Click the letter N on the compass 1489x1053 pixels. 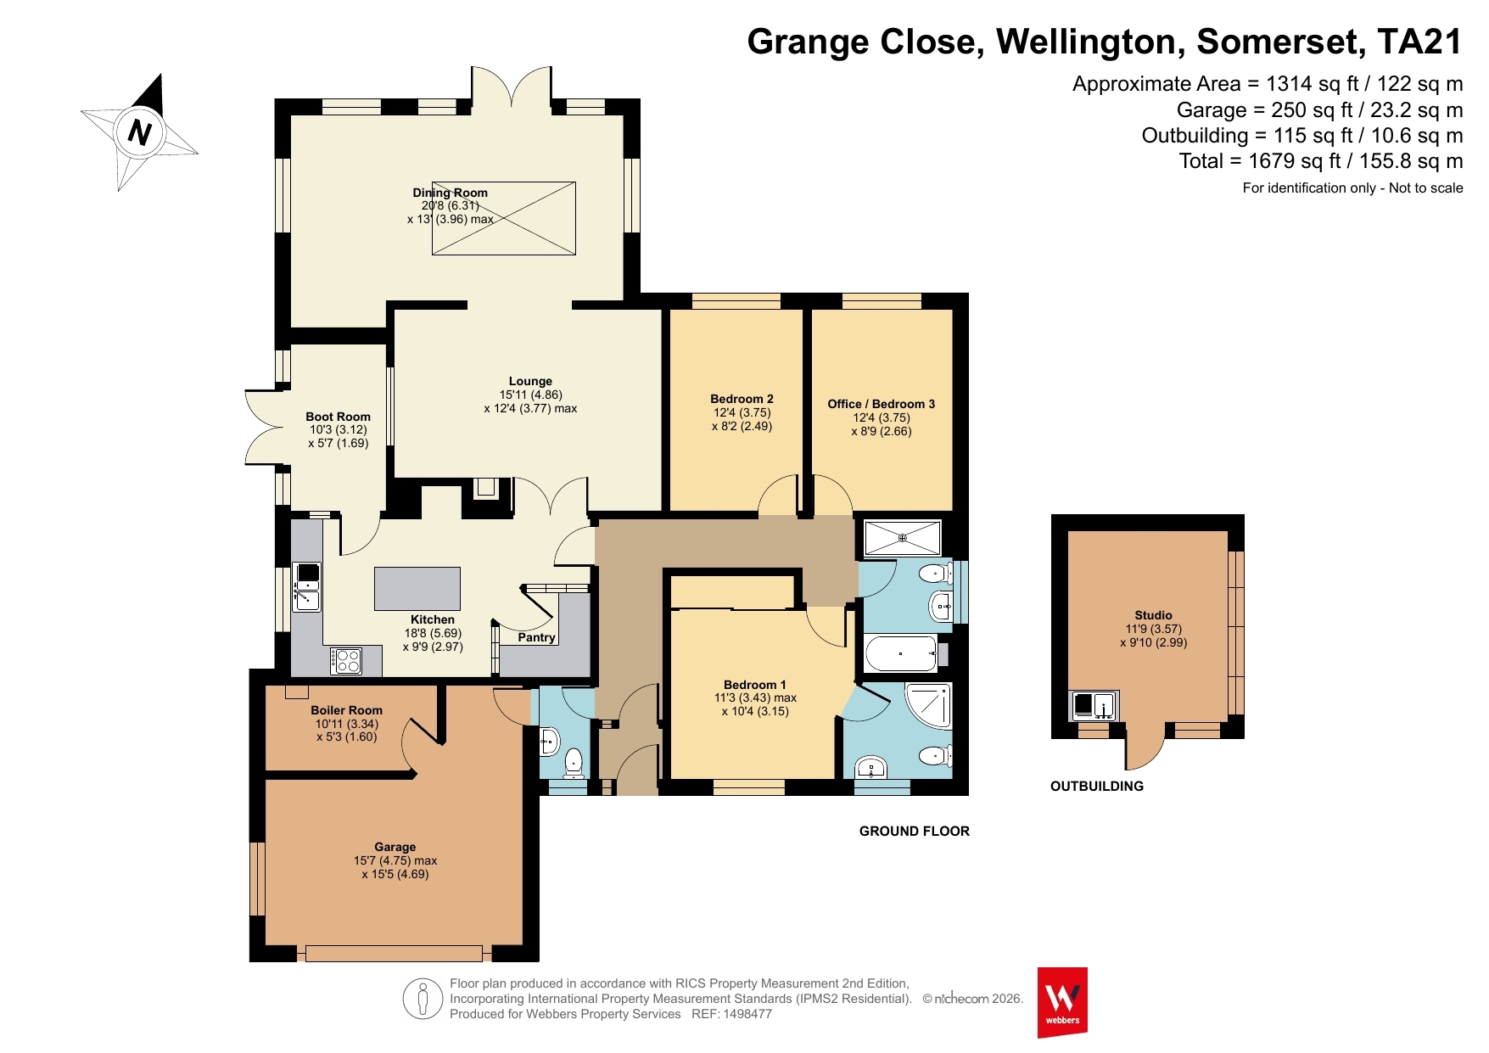click(139, 132)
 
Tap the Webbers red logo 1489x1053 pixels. click(1062, 1002)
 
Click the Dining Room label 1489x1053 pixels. click(450, 193)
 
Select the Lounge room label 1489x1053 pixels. click(530, 381)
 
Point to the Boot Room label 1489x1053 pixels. click(338, 417)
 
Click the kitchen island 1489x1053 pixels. click(417, 589)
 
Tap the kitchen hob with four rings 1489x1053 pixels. click(346, 661)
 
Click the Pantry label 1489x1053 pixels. click(536, 637)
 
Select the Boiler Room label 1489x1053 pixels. click(346, 710)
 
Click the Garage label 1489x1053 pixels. click(395, 847)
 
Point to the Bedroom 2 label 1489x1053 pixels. click(742, 399)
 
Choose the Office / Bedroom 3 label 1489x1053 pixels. click(882, 404)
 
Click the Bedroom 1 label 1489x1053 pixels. click(755, 685)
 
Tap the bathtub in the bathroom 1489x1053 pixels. click(901, 654)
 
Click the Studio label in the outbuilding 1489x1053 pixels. click(1154, 615)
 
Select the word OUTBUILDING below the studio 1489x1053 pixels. click(1097, 787)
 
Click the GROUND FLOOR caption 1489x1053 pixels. click(915, 832)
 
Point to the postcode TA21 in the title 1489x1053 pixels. click(1419, 42)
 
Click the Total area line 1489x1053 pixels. click(1321, 161)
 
